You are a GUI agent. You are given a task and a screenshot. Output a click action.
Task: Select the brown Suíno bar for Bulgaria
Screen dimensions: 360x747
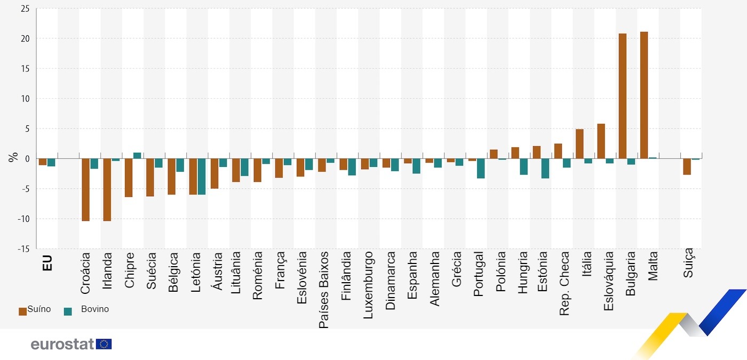tap(623, 96)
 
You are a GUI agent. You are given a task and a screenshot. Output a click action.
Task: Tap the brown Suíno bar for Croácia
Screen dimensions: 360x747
tap(85, 189)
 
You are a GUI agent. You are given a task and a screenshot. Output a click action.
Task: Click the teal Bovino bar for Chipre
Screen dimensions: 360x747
tap(137, 156)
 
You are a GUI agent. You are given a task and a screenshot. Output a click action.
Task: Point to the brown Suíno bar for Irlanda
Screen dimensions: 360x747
tap(107, 189)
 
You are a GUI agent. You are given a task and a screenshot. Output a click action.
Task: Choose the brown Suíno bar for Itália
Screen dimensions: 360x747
tap(579, 144)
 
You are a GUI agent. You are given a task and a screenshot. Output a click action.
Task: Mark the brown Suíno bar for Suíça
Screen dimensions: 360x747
tap(687, 166)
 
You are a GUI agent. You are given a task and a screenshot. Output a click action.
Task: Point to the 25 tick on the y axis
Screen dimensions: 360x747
tap(25, 9)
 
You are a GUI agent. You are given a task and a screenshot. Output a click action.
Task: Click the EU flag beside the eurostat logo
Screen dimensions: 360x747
tap(104, 344)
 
